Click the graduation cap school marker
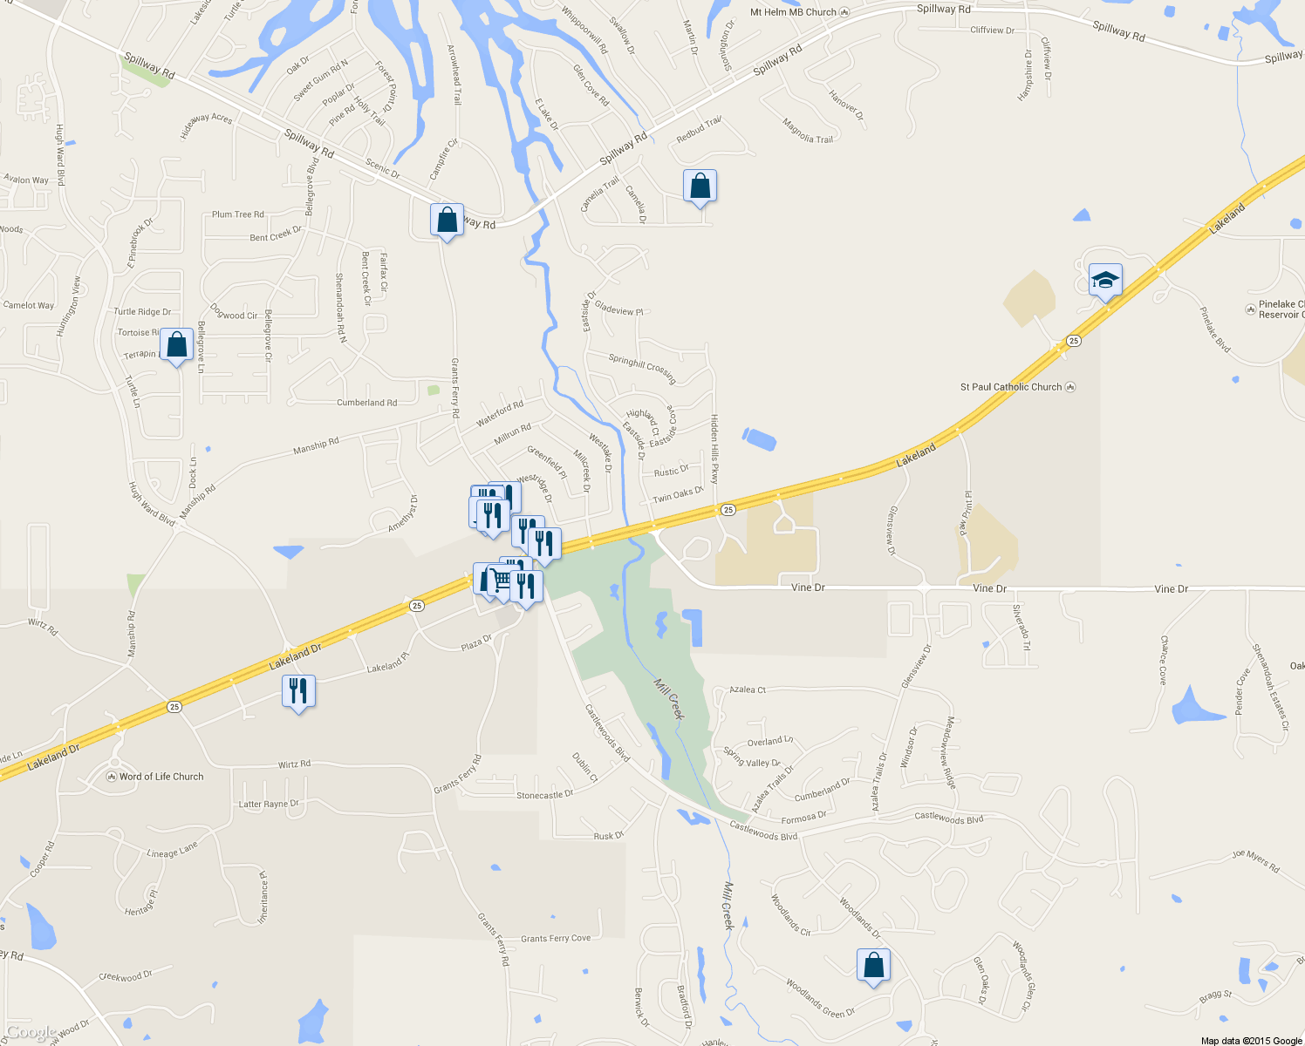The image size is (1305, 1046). click(x=1105, y=281)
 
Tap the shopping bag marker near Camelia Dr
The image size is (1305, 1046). click(x=700, y=187)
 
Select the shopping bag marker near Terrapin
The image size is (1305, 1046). click(x=176, y=346)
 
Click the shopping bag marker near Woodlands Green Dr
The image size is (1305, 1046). click(x=873, y=966)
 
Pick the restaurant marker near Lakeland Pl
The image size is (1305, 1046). click(x=298, y=692)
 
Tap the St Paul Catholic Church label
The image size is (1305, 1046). click(x=1011, y=387)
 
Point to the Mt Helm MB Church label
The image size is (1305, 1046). click(x=793, y=12)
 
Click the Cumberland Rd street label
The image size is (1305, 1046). click(x=366, y=403)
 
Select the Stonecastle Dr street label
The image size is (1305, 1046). click(x=544, y=795)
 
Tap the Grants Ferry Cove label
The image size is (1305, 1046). click(x=556, y=939)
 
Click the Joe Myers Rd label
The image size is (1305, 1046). click(x=1255, y=861)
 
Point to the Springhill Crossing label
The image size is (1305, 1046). click(x=643, y=369)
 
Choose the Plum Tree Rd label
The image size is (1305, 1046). click(x=237, y=214)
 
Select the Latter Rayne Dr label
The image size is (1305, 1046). click(x=269, y=805)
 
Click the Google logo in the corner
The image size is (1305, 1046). click(x=31, y=1033)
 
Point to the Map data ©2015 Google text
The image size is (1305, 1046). click(x=1251, y=1041)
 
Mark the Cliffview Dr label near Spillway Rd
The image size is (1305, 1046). click(x=993, y=31)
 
